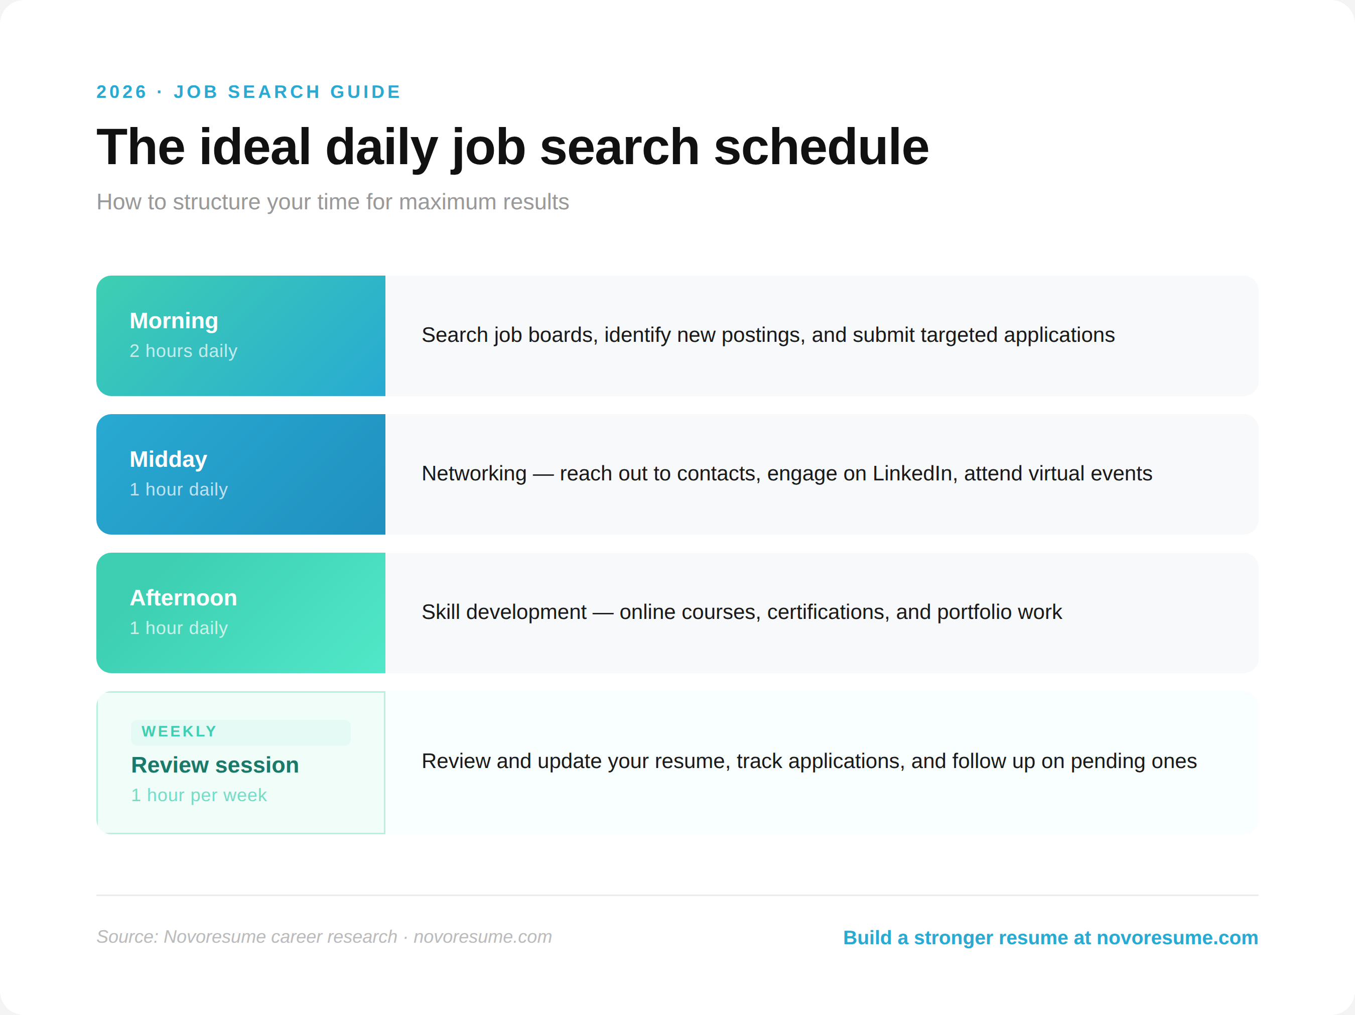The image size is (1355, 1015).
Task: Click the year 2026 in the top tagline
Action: [121, 92]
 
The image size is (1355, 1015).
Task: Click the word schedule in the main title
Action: [821, 148]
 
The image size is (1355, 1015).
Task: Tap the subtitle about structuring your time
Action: [333, 202]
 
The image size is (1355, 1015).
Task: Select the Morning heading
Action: [174, 321]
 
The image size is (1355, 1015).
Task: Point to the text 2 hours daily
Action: [183, 351]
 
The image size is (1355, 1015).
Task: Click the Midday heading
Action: [169, 459]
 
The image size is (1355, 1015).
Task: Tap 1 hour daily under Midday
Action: [178, 489]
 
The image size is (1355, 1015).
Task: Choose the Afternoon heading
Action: [183, 598]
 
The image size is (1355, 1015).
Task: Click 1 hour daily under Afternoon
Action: [178, 628]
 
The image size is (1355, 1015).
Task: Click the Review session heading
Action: [215, 765]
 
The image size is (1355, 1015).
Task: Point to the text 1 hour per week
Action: [199, 795]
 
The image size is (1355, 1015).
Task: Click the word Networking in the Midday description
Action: [474, 473]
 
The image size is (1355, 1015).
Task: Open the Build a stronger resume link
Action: [1050, 938]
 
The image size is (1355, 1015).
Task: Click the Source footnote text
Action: [324, 937]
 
